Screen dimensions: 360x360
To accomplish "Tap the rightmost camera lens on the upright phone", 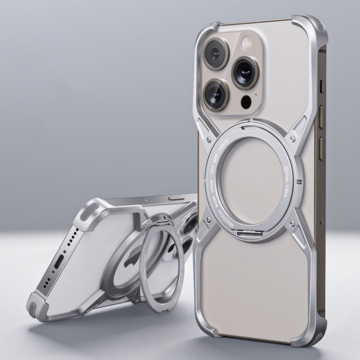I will click(245, 73).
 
